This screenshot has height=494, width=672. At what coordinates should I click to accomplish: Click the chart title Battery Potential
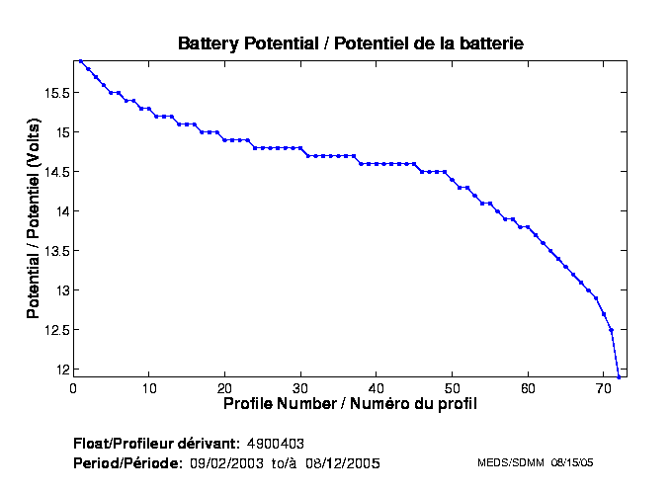click(x=350, y=43)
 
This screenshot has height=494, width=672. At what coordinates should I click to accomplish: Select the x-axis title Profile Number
click(x=351, y=404)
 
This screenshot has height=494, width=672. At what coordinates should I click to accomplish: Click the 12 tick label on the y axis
click(x=62, y=370)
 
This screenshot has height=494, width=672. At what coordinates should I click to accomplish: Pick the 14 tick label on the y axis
click(x=62, y=211)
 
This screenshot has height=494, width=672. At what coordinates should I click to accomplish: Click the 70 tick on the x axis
click(x=604, y=388)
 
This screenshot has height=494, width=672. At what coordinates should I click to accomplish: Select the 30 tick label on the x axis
click(x=300, y=388)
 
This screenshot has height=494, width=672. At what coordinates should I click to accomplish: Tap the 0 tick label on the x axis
click(x=73, y=388)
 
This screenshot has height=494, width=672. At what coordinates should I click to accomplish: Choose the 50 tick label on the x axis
click(x=452, y=388)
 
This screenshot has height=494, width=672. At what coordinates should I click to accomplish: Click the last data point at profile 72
click(x=619, y=376)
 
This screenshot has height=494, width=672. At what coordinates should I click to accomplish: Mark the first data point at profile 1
click(x=81, y=60)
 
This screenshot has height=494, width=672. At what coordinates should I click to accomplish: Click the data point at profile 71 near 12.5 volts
click(x=611, y=330)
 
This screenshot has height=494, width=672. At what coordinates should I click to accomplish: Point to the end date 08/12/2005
click(x=342, y=462)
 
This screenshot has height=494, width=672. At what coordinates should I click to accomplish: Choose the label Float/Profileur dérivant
click(x=156, y=443)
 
